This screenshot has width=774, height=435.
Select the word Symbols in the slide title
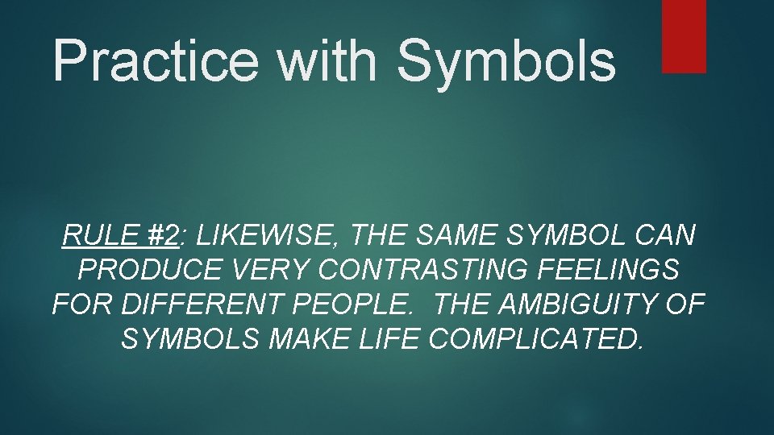click(x=506, y=60)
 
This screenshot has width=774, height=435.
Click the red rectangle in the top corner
click(x=684, y=36)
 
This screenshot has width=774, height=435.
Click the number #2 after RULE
click(x=164, y=236)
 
